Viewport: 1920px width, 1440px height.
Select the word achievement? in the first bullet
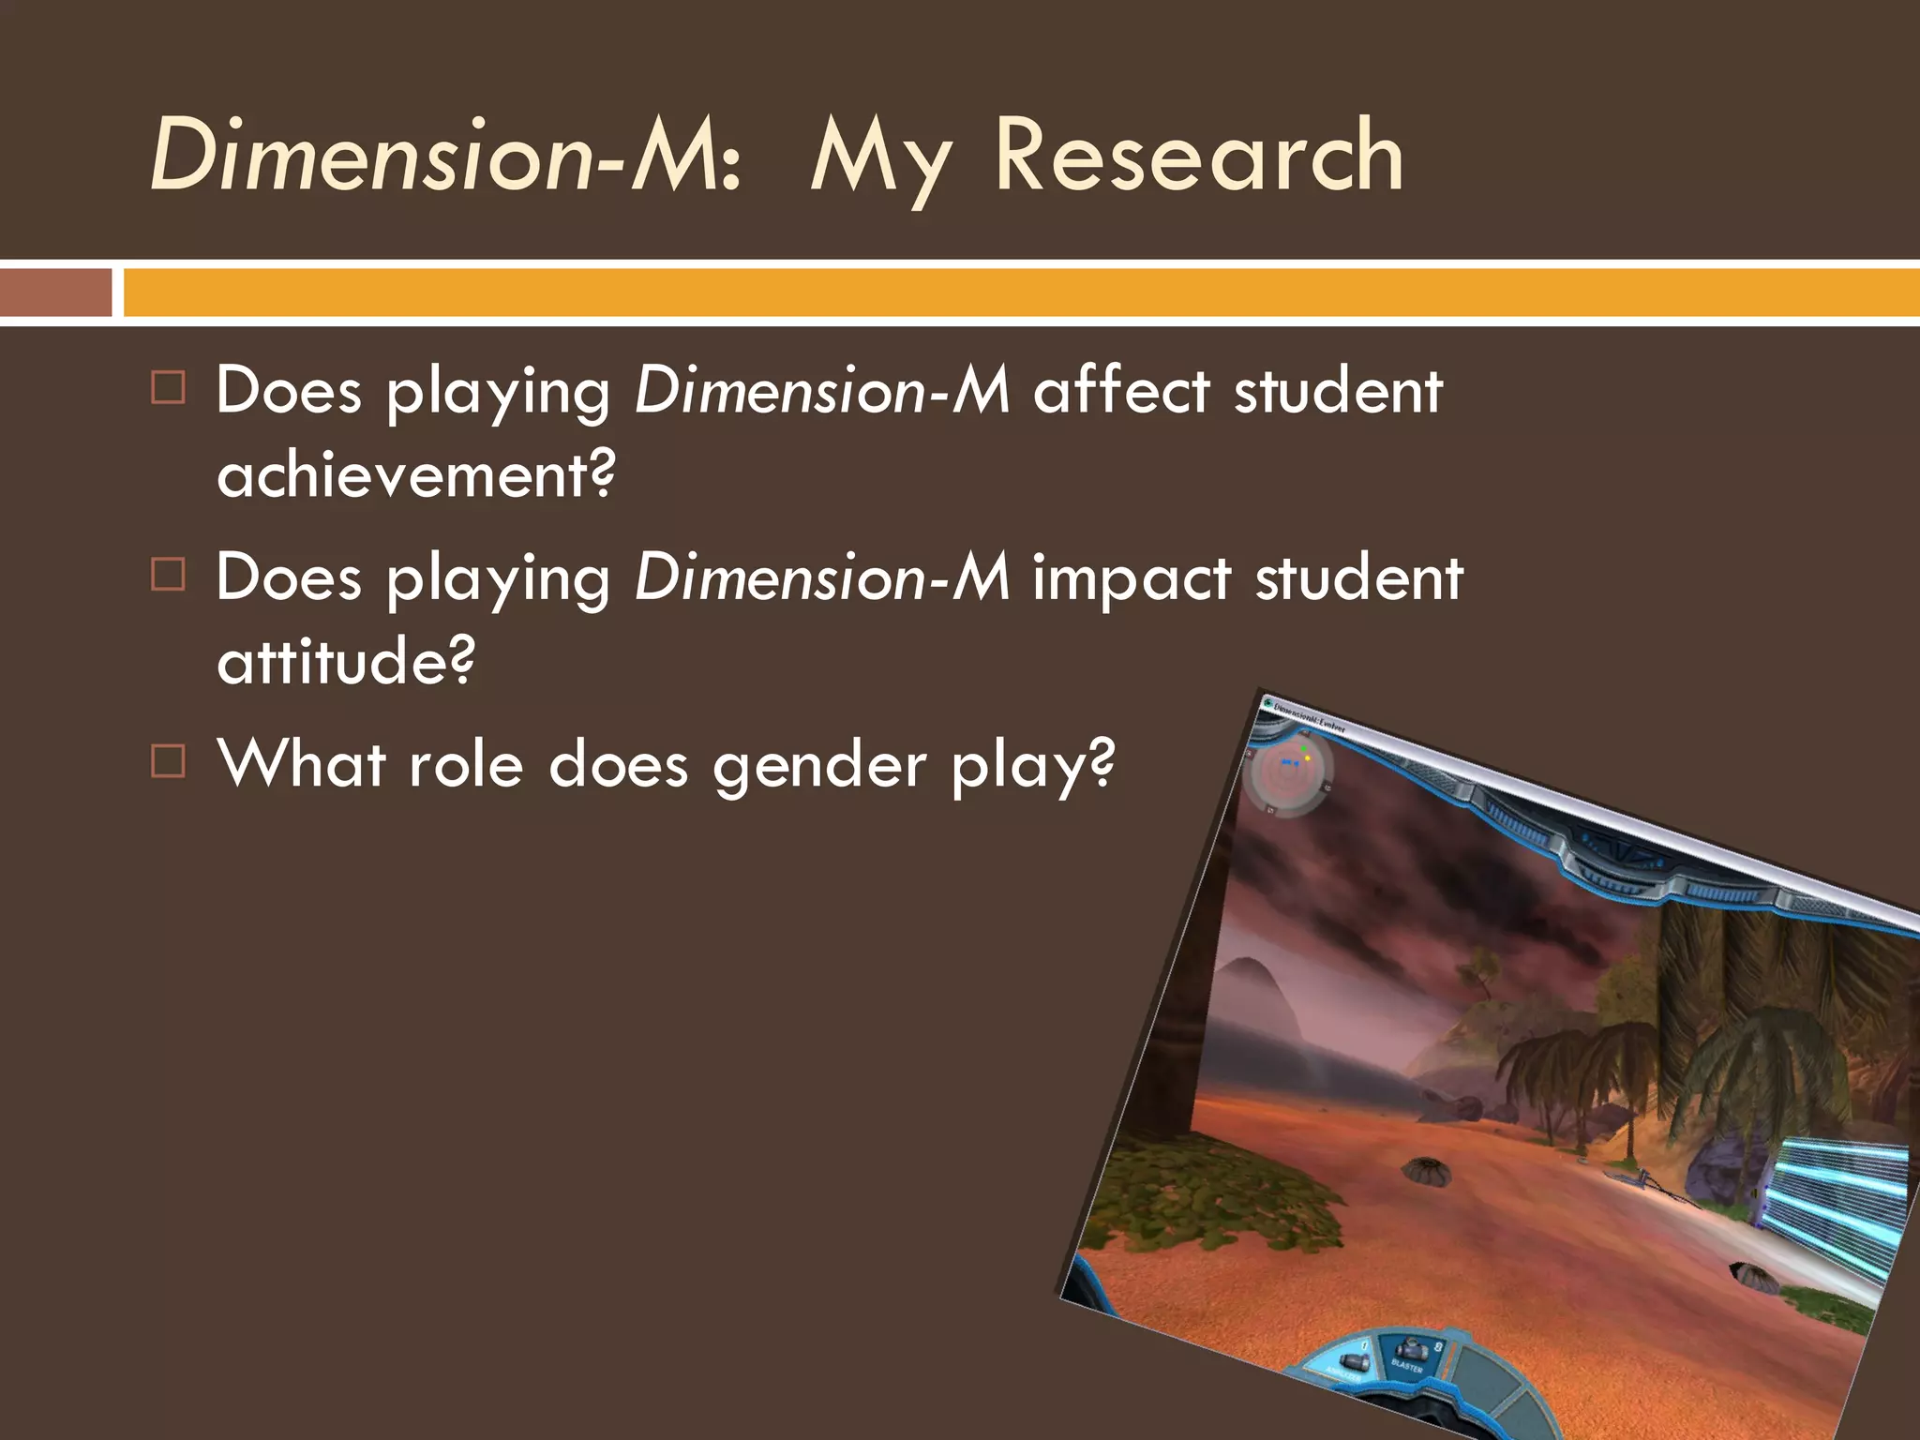(x=416, y=475)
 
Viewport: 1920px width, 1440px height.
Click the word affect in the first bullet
(x=1121, y=391)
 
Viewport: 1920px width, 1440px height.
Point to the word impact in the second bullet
(x=1131, y=578)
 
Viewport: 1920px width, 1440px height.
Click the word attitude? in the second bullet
(x=346, y=661)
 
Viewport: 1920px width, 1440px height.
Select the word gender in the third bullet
(x=819, y=767)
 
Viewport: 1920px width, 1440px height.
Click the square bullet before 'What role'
(x=169, y=761)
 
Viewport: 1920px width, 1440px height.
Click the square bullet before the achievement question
(x=169, y=387)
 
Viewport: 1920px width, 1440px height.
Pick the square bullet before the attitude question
(x=169, y=574)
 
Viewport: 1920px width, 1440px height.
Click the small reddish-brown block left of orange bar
(x=55, y=292)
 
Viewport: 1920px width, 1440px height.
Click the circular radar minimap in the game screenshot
(x=1288, y=774)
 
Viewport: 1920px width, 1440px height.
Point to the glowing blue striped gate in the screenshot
(x=1837, y=1209)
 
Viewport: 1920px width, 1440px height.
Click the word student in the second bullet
(x=1358, y=578)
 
